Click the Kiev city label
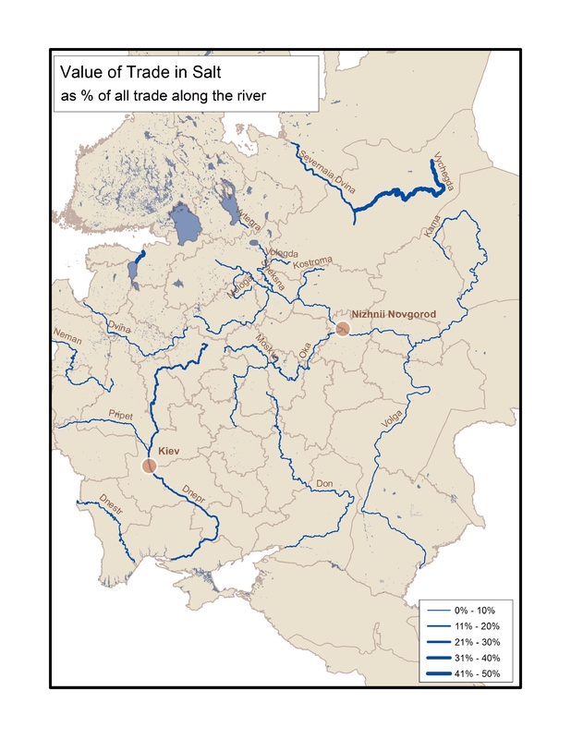click(168, 451)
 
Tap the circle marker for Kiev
click(150, 466)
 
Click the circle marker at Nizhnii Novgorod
click(342, 328)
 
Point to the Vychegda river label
click(444, 171)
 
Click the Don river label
click(324, 483)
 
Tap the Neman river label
click(69, 340)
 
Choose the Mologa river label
click(239, 287)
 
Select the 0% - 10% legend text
click(476, 611)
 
